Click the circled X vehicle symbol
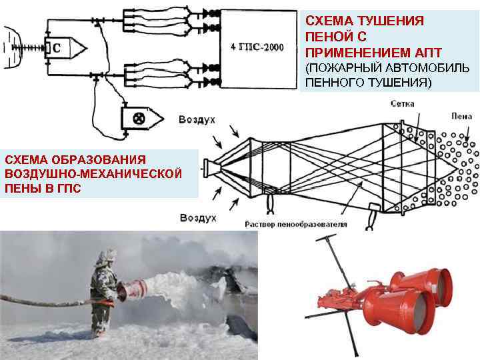(x=139, y=119)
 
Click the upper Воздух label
(x=197, y=119)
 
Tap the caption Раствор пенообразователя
(x=295, y=224)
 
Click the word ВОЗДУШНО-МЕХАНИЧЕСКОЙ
(x=93, y=174)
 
